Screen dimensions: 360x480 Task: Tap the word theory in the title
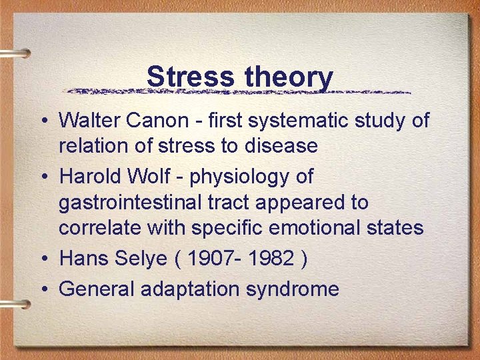[x=289, y=77]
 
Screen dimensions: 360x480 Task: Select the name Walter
[x=89, y=121]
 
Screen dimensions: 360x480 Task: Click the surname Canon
[x=157, y=121]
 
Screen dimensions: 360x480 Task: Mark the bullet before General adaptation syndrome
[x=43, y=289]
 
